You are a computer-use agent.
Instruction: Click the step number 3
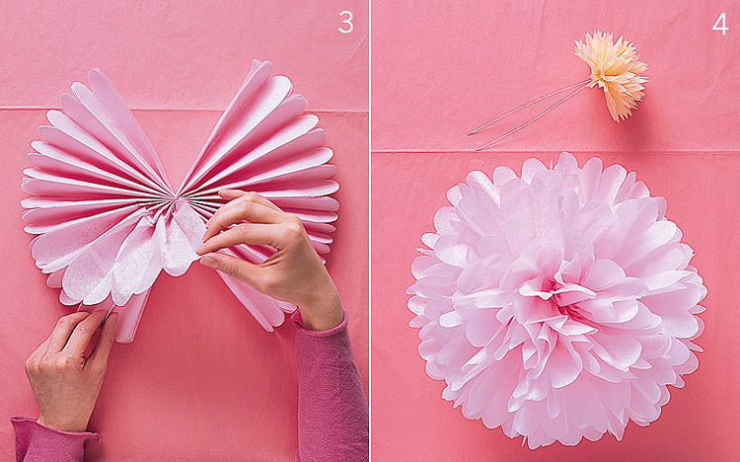click(x=345, y=22)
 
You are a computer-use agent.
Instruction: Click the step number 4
click(x=720, y=24)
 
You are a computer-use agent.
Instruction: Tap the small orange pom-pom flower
click(x=612, y=73)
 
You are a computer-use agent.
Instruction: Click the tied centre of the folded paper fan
click(x=176, y=200)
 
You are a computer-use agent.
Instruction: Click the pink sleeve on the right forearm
click(x=331, y=392)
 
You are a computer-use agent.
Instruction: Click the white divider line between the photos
click(x=370, y=231)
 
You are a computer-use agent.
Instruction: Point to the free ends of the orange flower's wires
click(x=473, y=141)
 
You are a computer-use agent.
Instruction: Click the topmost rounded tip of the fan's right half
click(x=262, y=64)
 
